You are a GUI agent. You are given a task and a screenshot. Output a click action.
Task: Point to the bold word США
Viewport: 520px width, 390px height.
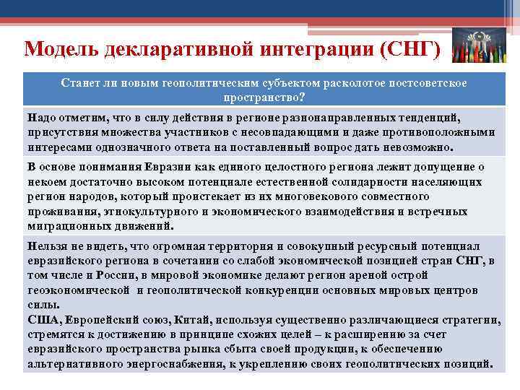click(43, 319)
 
